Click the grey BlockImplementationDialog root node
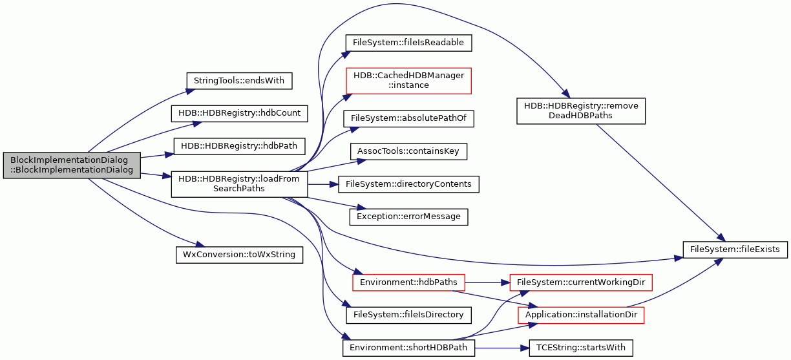pos(72,165)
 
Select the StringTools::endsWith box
pos(239,81)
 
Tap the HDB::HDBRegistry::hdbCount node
pos(239,113)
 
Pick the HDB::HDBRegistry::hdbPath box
pos(239,146)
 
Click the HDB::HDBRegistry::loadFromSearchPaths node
pos(239,184)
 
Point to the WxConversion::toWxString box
pos(239,255)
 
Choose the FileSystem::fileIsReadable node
pos(408,43)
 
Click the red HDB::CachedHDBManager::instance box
pos(408,81)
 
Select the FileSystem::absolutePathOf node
pos(408,119)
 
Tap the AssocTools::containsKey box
pos(408,151)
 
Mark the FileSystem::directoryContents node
pos(408,184)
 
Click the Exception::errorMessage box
pos(408,217)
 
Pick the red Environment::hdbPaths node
pos(408,282)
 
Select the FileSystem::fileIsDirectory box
pos(408,315)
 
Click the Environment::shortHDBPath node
pos(408,348)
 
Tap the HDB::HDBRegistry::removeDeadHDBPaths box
pos(581,111)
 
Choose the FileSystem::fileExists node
pos(735,249)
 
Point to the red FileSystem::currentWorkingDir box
pos(581,282)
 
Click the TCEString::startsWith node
pos(581,348)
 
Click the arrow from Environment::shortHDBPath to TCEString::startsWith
pos(501,348)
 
